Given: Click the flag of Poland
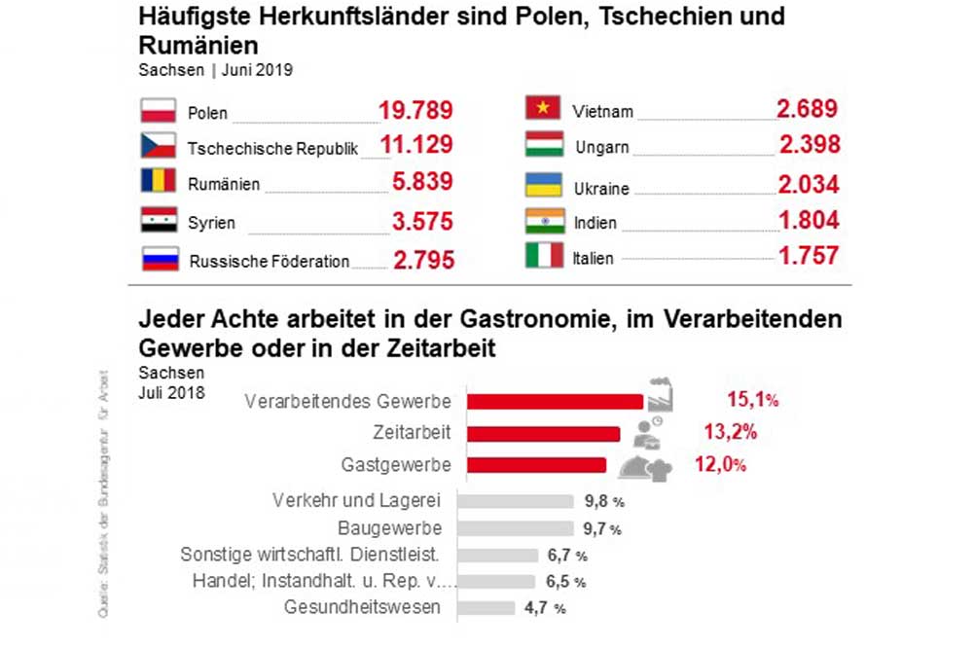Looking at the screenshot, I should (x=158, y=110).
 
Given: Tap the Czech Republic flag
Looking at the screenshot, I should (x=158, y=146).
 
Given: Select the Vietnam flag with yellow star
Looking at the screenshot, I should (x=544, y=108).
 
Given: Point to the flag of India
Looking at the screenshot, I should (x=544, y=220).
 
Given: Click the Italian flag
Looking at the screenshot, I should (x=544, y=256).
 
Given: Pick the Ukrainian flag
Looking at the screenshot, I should (x=544, y=185).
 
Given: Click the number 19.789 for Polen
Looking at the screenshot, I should (x=415, y=110).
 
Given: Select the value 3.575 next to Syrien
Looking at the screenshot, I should (x=422, y=221).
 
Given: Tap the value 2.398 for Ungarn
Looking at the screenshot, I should (x=810, y=145).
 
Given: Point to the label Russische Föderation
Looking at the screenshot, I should (x=270, y=261).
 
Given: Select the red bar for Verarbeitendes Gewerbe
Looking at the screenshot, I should (x=555, y=401).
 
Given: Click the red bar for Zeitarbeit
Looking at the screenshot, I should (x=543, y=433).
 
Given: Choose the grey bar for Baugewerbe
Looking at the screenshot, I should (x=515, y=528).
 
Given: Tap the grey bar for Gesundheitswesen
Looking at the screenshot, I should (x=486, y=608).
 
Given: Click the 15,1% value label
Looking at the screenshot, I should (x=752, y=399).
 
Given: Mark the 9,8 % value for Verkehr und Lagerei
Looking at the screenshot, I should (x=603, y=502).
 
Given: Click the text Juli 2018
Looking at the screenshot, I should (x=171, y=393).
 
